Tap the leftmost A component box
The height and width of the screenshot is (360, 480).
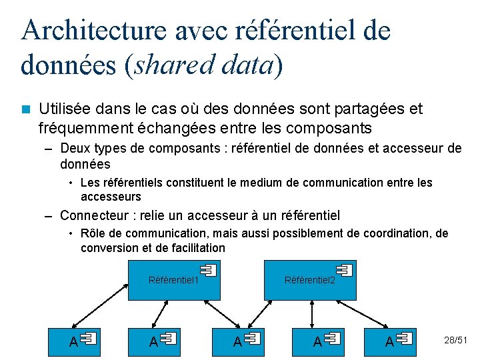coord(73,340)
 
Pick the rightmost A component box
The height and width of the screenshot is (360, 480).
coord(389,340)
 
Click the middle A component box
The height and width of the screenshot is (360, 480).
coord(237,340)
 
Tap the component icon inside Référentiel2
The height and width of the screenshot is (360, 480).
coord(345,270)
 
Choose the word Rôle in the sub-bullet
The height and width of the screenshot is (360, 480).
coord(93,233)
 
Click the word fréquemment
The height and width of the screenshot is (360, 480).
coord(79,127)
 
